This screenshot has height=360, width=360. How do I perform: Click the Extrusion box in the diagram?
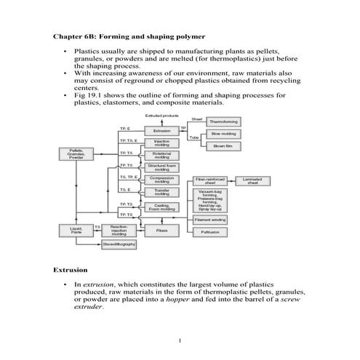click(161, 131)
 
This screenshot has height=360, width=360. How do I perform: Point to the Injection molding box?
click(161, 143)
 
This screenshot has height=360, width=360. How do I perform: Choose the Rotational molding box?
click(161, 156)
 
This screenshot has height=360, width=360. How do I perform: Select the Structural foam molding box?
click(161, 168)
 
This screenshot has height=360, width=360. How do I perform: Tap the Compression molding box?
click(161, 180)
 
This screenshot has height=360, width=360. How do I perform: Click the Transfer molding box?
click(161, 193)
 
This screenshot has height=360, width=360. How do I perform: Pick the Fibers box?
click(161, 230)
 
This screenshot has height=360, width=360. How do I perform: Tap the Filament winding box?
click(211, 219)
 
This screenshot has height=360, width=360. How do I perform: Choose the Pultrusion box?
click(211, 232)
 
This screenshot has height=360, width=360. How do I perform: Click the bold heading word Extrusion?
click(71, 270)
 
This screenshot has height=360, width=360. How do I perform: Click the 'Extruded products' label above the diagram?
click(162, 116)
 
